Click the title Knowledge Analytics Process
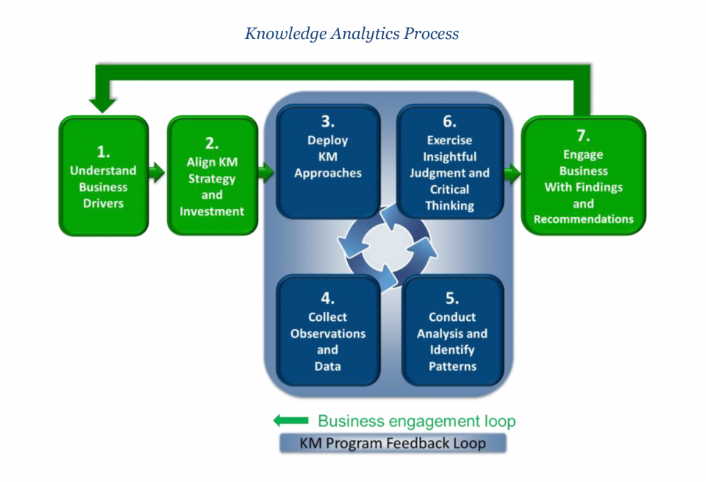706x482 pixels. [352, 34]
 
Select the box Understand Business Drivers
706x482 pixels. [103, 177]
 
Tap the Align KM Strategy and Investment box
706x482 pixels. [212, 177]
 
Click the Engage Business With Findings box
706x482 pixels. [583, 177]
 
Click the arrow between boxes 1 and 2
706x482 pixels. [157, 174]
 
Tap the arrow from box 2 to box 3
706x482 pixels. [265, 174]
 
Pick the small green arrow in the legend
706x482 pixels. [290, 421]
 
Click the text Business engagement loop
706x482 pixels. [416, 421]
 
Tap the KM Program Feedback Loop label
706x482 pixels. [392, 443]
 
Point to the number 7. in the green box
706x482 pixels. [583, 135]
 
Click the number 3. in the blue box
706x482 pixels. [327, 122]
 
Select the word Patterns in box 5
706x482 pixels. [452, 366]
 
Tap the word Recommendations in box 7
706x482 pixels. [583, 219]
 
